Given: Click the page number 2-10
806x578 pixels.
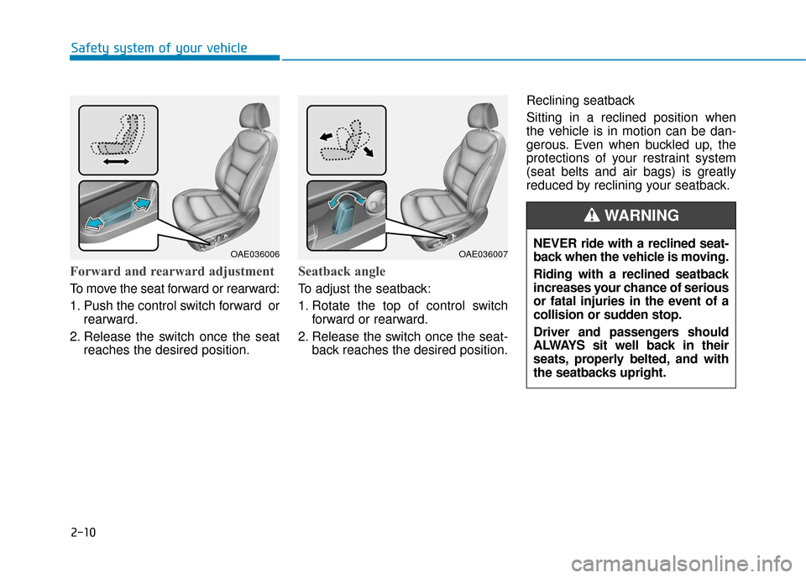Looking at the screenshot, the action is [83, 532].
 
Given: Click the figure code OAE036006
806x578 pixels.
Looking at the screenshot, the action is [255, 254].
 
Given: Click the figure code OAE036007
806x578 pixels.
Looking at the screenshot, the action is [484, 254].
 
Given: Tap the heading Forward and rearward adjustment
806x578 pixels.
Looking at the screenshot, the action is [172, 271].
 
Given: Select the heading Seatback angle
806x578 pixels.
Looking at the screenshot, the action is [342, 271].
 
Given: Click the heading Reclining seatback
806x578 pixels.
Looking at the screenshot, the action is [580, 101].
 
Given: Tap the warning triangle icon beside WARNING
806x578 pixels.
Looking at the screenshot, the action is [592, 216].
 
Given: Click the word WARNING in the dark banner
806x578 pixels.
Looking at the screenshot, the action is [641, 216].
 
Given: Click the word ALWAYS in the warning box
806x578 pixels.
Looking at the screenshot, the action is [559, 346].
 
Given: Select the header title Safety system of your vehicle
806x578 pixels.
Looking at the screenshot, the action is [159, 49].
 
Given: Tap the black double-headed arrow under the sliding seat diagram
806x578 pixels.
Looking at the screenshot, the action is [116, 162].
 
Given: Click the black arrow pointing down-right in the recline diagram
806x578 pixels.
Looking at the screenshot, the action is [368, 151].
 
